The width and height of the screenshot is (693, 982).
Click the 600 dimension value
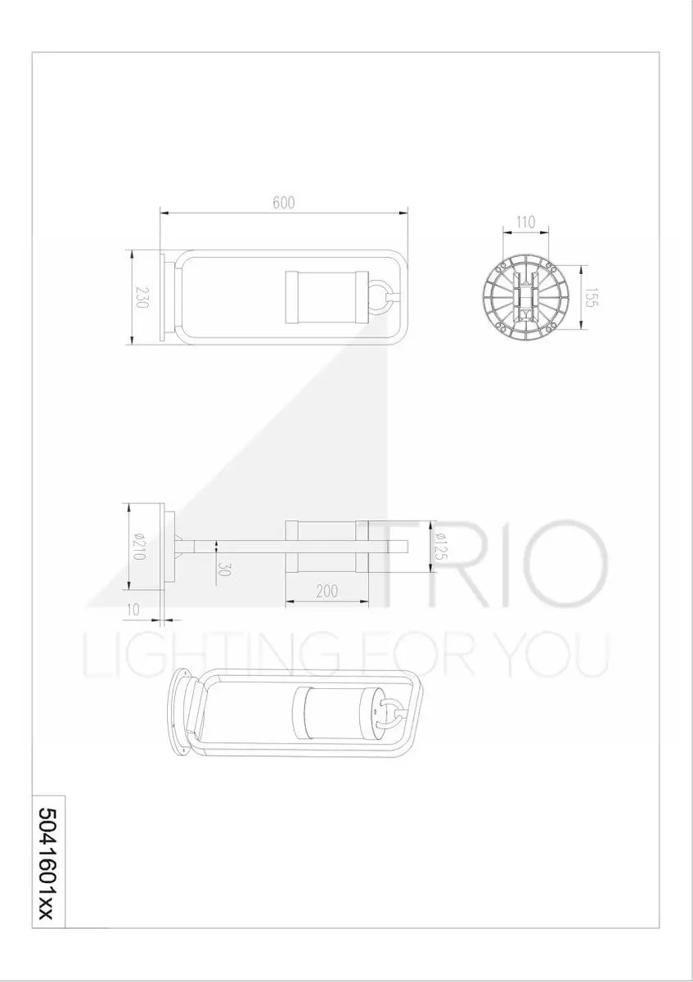284,203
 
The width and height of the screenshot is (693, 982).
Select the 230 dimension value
142,297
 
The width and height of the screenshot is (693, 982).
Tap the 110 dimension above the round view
525,223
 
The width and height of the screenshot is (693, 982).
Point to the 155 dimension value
592,297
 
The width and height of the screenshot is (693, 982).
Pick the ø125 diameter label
441,546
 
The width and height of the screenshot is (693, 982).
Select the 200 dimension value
327,592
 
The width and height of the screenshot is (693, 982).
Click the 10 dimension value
133,610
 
